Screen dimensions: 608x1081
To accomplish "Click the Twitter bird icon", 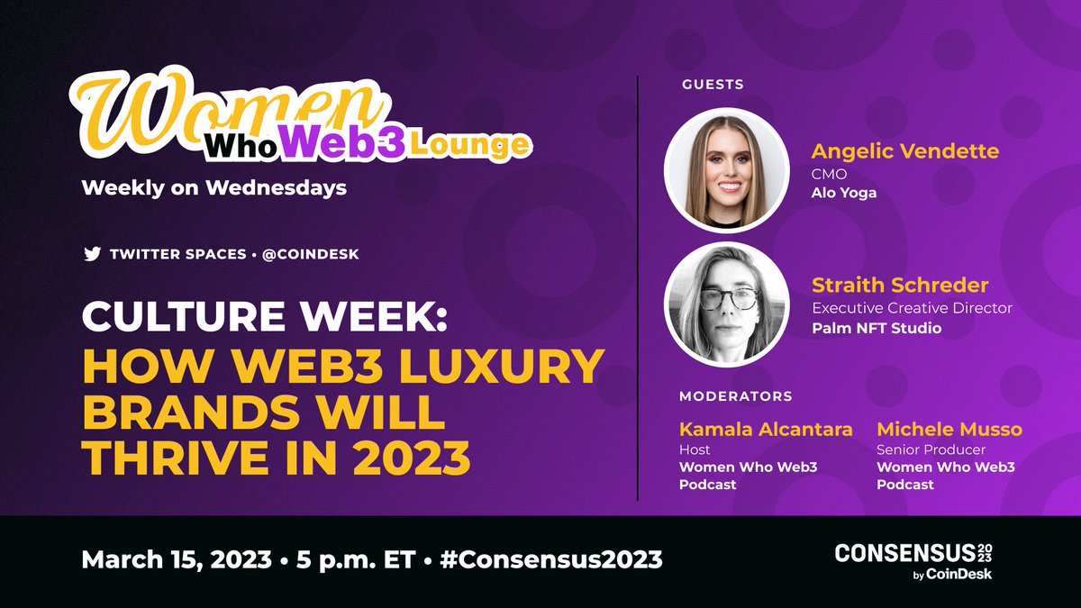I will (92, 254).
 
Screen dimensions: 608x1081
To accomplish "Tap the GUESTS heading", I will (713, 84).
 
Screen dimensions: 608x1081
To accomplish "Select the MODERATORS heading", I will (735, 395).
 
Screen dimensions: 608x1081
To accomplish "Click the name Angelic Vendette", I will (904, 150).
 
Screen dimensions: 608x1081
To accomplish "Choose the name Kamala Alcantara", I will (766, 429).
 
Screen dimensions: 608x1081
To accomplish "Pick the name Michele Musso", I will (949, 429).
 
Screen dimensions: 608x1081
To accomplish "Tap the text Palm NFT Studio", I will (877, 328).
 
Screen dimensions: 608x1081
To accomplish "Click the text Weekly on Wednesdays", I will (213, 188).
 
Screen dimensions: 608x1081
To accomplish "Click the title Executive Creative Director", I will (912, 308).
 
